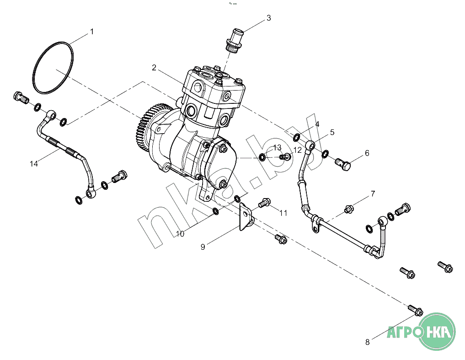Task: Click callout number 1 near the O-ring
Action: pos(92,32)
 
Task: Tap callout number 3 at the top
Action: pos(269,18)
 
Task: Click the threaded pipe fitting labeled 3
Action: pos(234,41)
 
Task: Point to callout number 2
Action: pos(154,68)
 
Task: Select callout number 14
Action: pos(34,163)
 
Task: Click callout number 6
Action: pos(367,153)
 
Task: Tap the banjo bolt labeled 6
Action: pos(343,164)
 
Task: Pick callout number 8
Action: pos(368,342)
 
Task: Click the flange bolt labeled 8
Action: pos(415,310)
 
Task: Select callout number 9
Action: pos(203,247)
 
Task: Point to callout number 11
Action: pos(283,213)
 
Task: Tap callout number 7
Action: pos(373,194)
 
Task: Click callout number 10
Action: pos(180,234)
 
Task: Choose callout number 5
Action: pos(332,132)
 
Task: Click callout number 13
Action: pos(277,147)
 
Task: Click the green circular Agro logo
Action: pos(438,331)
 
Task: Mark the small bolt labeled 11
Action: pos(264,203)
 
